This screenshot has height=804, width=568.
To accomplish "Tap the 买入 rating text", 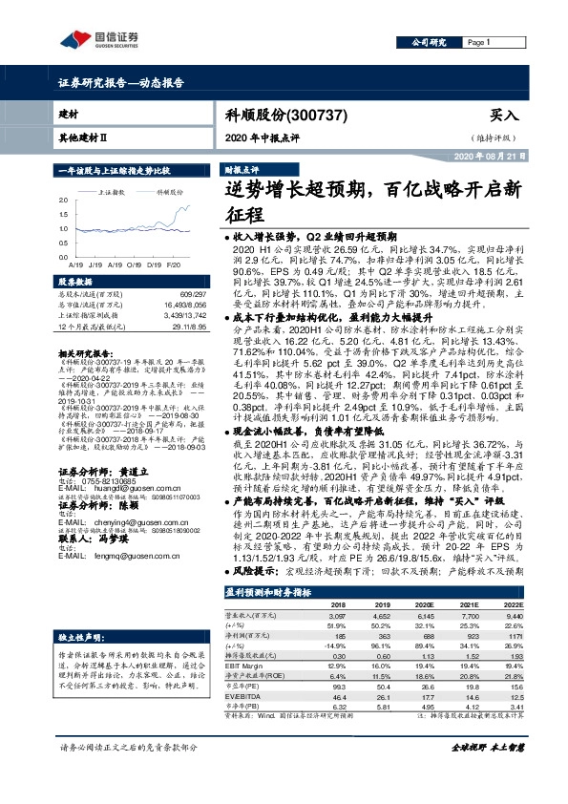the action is click(504, 115).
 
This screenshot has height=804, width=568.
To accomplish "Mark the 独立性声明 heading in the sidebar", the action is click(76, 634).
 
